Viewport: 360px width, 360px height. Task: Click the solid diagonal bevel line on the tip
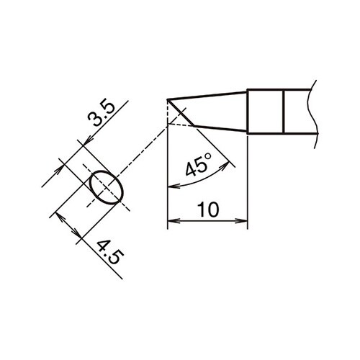point(183,114)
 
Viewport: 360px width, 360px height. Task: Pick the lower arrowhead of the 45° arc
point(171,187)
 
